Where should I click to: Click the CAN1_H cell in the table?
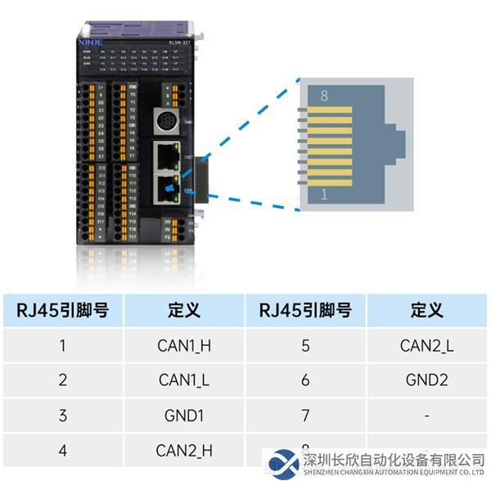pos(184,345)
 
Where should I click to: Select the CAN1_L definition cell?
pos(184,380)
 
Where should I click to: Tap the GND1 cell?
pos(184,416)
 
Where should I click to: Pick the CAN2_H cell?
pos(184,450)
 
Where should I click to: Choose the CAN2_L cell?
pos(426,345)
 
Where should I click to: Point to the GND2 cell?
pos(426,380)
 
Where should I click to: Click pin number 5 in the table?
pos(305,345)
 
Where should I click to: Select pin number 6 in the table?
pos(305,380)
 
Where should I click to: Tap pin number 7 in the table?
pos(305,416)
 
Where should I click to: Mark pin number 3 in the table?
pos(63,416)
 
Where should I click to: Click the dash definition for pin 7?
pos(426,416)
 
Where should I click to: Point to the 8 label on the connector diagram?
pos(324,97)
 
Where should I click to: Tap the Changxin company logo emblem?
pos(283,463)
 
